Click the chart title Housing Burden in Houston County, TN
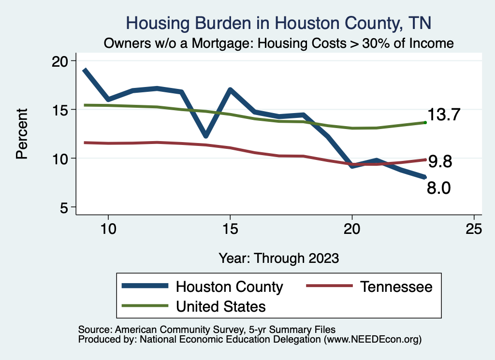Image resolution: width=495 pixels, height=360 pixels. coord(278,23)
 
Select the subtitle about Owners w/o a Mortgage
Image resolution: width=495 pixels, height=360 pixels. coord(278,43)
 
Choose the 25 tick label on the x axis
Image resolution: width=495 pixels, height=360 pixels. coord(474,230)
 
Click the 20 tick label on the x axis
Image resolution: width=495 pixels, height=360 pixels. coord(352,230)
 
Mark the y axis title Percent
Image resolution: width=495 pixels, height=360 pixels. coord(22,134)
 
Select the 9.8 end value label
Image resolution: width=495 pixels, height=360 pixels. coord(439,162)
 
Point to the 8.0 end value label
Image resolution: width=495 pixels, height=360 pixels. coord(438,188)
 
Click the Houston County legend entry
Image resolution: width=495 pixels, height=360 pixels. coord(229,287)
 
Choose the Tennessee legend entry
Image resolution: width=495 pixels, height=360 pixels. coord(395,287)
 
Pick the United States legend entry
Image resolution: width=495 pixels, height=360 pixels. coord(220,306)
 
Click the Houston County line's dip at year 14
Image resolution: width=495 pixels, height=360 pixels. coord(205,135)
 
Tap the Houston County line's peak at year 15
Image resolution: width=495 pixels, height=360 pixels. coord(230,89)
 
